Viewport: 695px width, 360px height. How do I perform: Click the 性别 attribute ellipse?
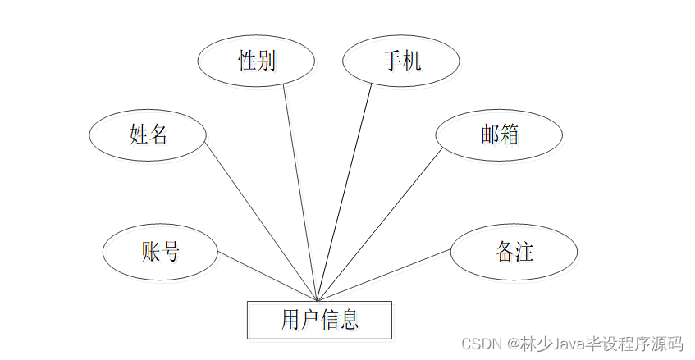tap(257, 62)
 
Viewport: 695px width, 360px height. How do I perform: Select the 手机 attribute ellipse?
tap(400, 62)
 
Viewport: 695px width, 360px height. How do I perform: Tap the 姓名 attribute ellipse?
tap(148, 134)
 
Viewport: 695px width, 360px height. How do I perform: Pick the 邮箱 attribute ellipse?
tap(499, 135)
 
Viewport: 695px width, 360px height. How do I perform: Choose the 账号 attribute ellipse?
tap(160, 252)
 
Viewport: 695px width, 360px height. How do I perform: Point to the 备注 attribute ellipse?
tap(514, 252)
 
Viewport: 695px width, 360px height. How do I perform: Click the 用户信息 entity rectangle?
tap(319, 319)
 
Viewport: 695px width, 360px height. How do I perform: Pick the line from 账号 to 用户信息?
tap(267, 276)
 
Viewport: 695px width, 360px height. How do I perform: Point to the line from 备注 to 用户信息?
tap(383, 275)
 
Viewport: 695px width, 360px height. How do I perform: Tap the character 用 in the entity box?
tap(290, 319)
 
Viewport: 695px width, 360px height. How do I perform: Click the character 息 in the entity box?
tap(350, 319)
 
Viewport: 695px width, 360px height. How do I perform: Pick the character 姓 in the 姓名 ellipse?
tap(138, 134)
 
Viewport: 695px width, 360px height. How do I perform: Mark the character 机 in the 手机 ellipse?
tap(411, 62)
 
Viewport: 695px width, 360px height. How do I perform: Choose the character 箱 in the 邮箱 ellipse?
tap(509, 135)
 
